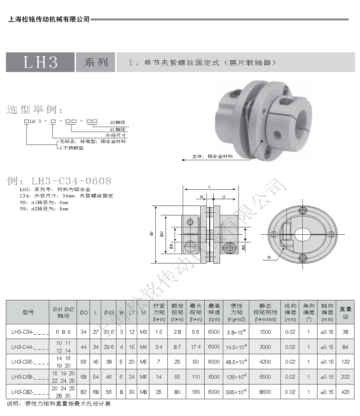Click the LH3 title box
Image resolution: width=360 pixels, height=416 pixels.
click(40, 62)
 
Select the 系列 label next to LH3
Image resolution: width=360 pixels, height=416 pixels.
click(95, 62)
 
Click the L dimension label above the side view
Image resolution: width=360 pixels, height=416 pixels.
click(210, 186)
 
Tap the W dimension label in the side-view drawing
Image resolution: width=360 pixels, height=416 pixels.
click(202, 197)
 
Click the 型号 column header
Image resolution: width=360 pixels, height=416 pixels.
click(28, 312)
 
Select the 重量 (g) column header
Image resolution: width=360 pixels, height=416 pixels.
click(345, 312)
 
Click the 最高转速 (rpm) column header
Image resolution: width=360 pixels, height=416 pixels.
click(214, 312)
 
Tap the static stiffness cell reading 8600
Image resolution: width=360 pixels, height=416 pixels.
click(265, 392)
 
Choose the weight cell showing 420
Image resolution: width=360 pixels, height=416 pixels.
click(345, 392)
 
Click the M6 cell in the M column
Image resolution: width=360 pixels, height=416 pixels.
click(144, 377)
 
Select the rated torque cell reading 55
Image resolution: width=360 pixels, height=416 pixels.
click(177, 377)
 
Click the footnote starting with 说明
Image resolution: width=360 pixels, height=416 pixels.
click(58, 403)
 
